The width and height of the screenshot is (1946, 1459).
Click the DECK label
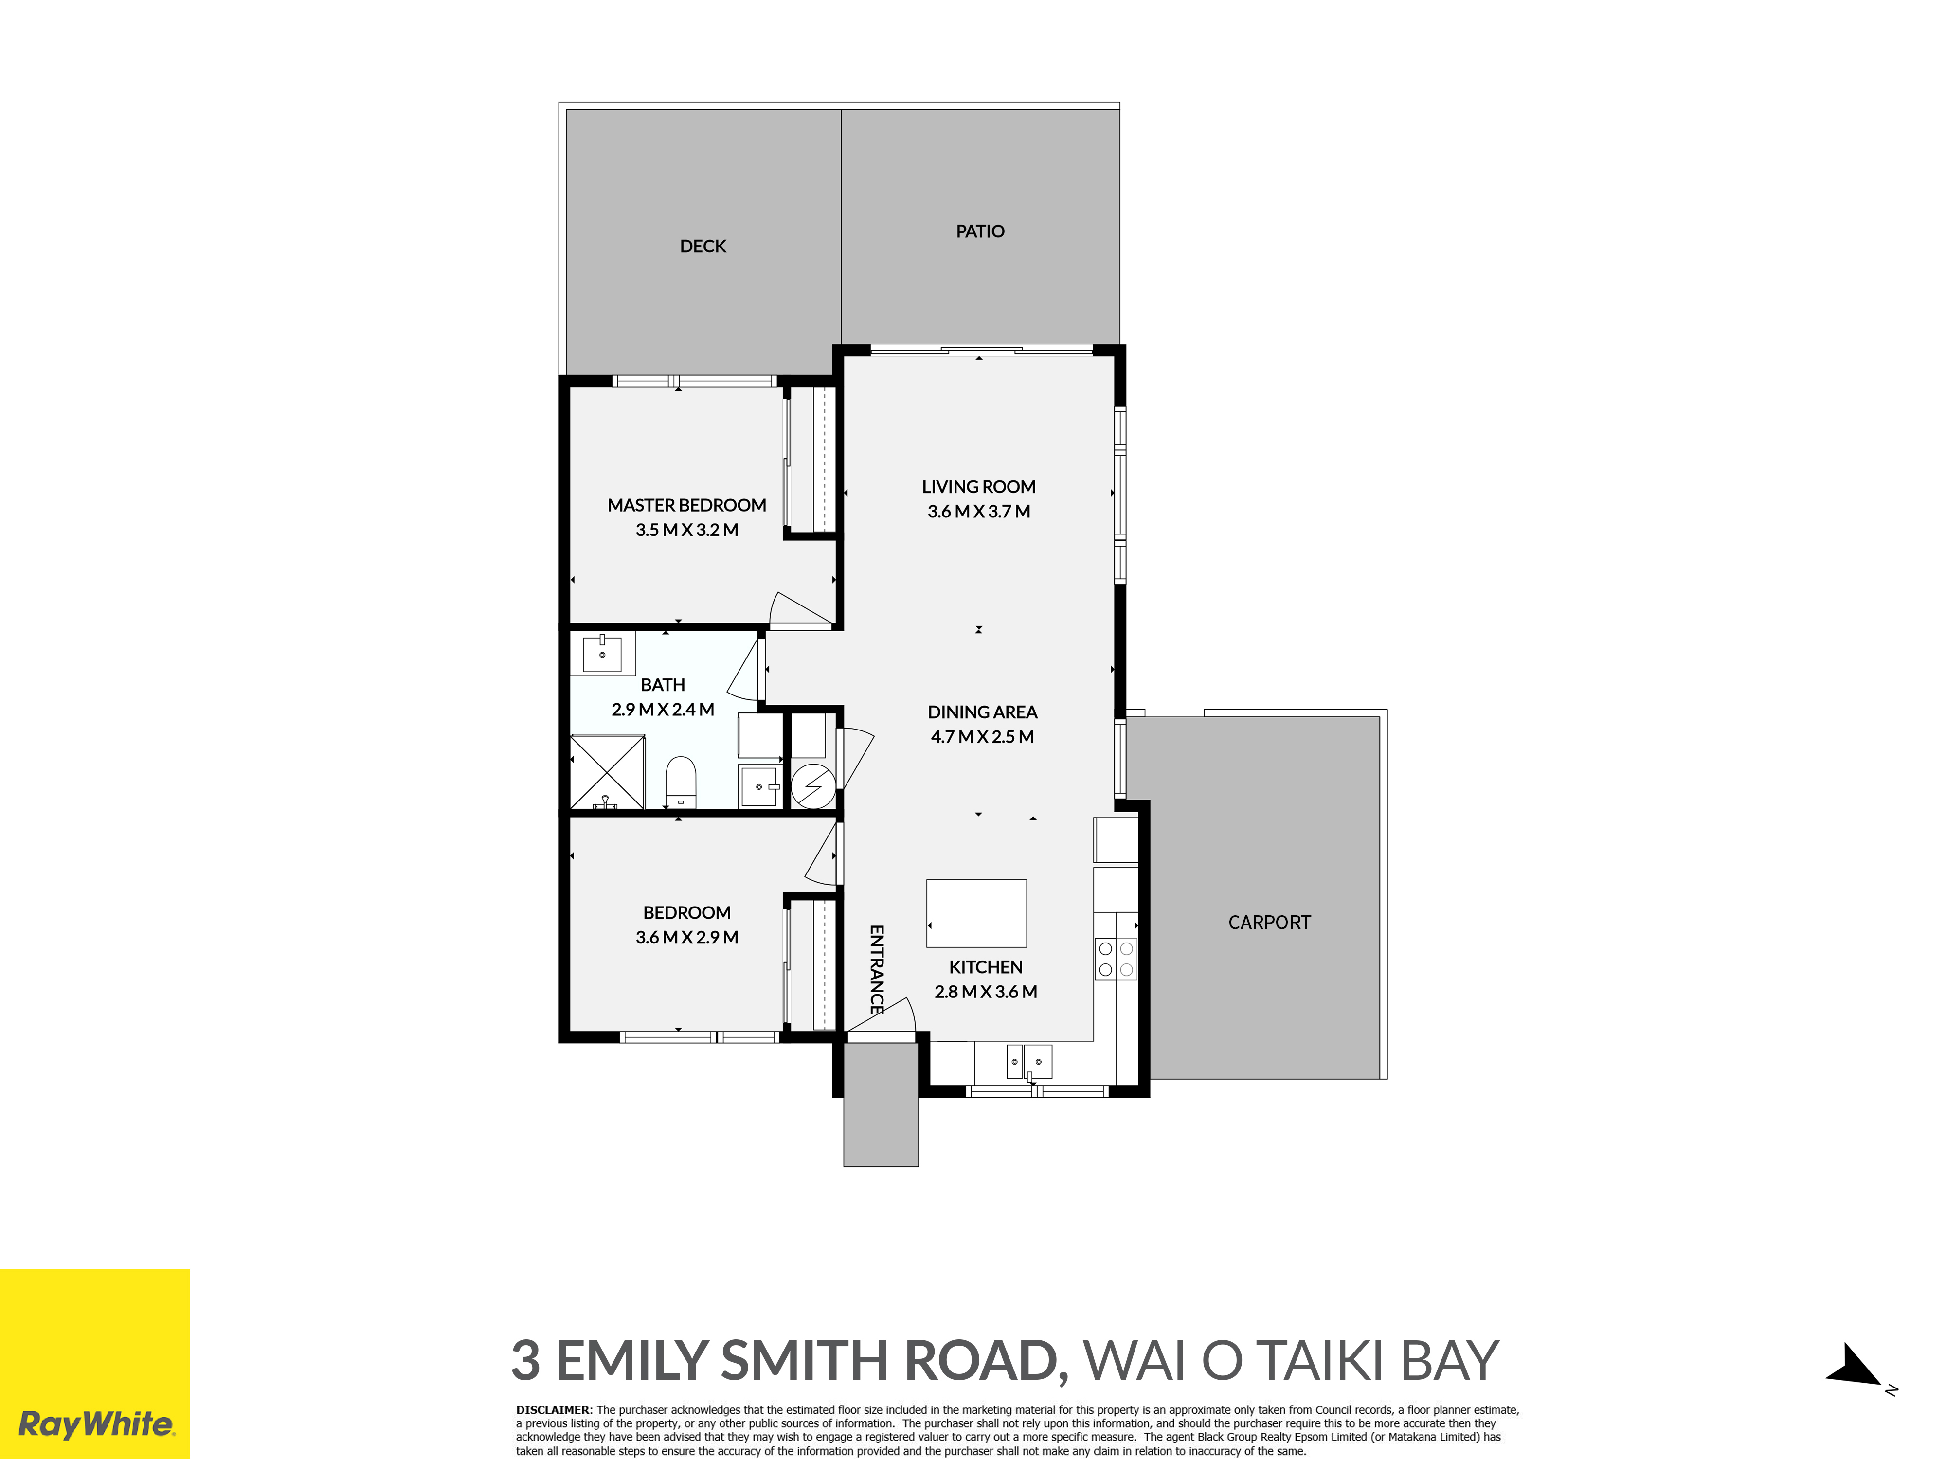pos(703,246)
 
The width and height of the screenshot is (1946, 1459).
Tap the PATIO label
pos(980,231)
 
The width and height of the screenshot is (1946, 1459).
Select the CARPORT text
pos(1269,923)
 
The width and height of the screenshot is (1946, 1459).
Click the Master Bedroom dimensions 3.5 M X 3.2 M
pos(687,530)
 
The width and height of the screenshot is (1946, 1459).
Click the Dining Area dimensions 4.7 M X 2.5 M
pos(983,737)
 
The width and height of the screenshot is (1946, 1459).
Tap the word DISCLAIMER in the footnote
pos(553,1410)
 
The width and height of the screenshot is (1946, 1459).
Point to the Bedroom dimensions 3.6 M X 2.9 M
pos(687,938)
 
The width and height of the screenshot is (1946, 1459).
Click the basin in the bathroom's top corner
pos(603,654)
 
